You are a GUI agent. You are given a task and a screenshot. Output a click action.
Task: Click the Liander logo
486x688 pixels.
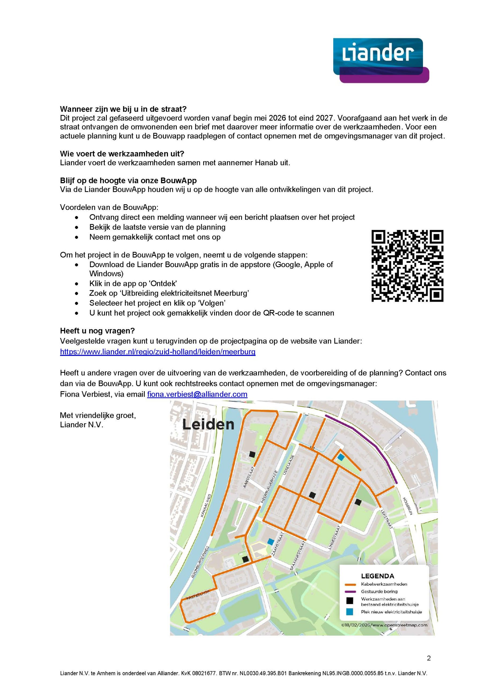tap(381, 60)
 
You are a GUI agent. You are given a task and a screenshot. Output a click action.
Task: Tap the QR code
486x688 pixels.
tap(407, 266)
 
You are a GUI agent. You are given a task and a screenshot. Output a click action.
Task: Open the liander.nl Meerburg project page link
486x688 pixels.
tap(158, 352)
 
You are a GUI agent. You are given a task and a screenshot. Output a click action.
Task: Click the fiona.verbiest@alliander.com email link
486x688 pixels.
tap(197, 394)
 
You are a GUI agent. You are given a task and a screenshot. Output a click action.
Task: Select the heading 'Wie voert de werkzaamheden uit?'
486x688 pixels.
tap(122, 154)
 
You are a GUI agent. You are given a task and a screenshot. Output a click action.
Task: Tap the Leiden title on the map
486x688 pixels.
tap(208, 425)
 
